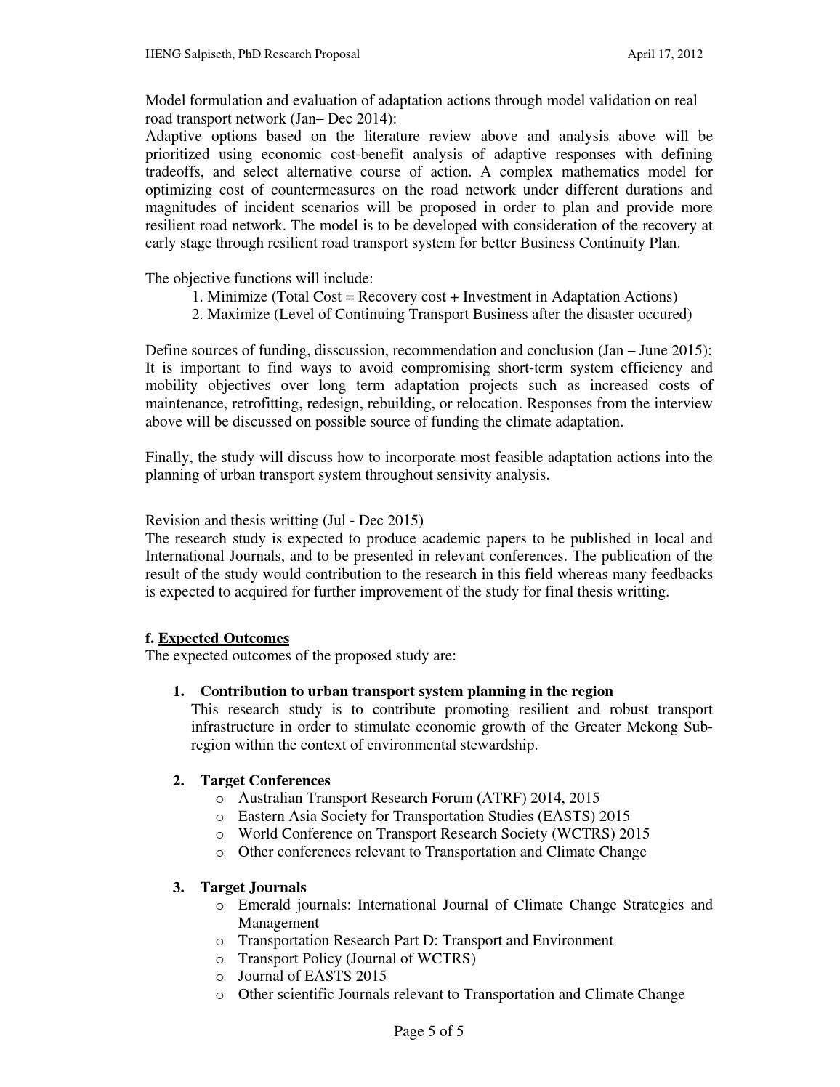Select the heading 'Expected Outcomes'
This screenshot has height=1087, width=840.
click(224, 638)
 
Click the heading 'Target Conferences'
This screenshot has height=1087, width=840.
click(265, 780)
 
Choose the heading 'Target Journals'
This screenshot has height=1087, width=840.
click(253, 887)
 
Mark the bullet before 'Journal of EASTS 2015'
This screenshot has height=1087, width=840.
click(220, 977)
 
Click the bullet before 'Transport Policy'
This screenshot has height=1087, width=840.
click(220, 959)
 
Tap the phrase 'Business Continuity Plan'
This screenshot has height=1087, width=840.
click(599, 243)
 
